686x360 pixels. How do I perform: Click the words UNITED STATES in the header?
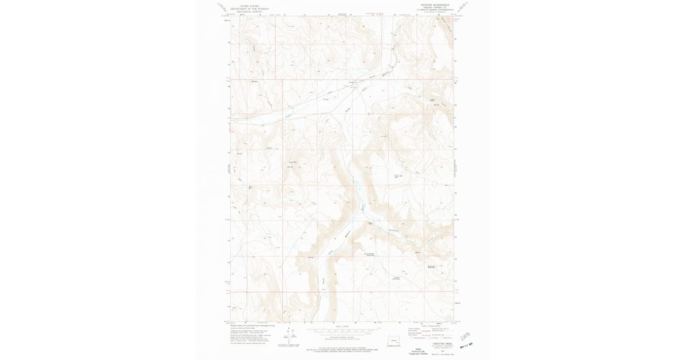[249, 6]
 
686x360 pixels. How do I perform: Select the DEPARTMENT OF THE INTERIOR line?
[249, 9]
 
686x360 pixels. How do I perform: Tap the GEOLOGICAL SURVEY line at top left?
[249, 12]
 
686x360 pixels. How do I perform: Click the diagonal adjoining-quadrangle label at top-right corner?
[464, 7]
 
